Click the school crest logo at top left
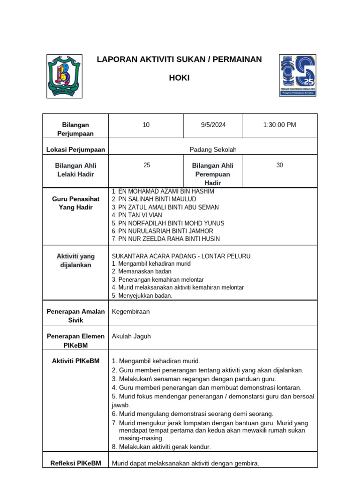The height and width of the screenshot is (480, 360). coord(65,76)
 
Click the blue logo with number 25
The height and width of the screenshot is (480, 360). coord(298,75)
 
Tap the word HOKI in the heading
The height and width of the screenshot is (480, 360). coord(179,78)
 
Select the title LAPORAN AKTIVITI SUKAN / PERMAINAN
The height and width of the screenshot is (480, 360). coord(179,60)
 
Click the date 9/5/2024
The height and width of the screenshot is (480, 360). coord(213,125)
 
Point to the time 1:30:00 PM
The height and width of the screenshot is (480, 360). coord(279,125)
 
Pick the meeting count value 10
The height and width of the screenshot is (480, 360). coord(146,125)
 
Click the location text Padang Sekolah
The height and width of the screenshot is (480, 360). coord(213,150)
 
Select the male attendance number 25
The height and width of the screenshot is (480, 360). coord(147,165)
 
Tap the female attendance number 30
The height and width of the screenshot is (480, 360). coord(279,165)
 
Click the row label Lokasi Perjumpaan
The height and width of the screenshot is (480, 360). coord(75,150)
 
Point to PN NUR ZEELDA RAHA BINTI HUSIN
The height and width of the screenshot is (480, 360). coord(165,239)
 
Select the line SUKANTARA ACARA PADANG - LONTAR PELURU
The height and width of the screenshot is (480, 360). coord(181,256)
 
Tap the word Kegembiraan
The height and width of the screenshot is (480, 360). coord(131,312)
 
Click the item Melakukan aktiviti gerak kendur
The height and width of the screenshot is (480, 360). coord(161,447)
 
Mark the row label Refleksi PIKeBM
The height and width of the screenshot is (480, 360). coord(75,463)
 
